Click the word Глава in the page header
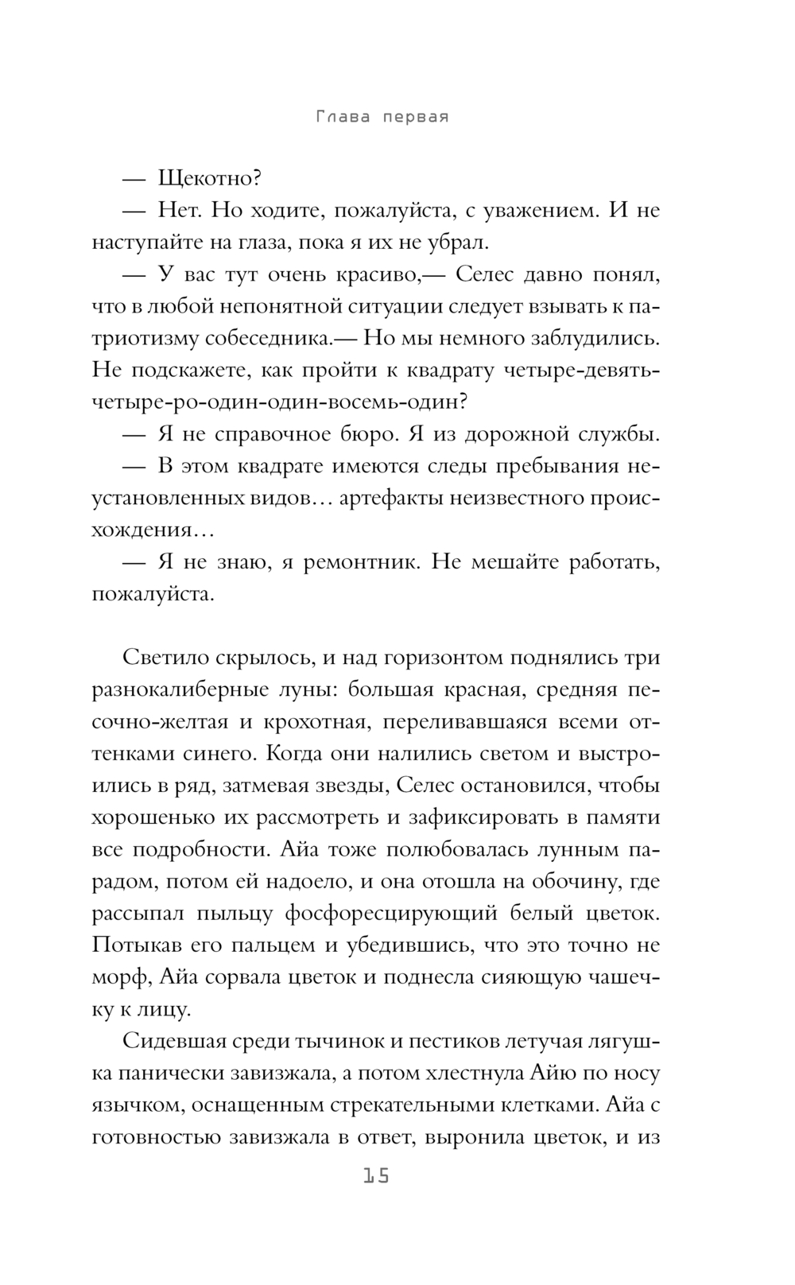tap(343, 118)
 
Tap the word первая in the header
tap(414, 118)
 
